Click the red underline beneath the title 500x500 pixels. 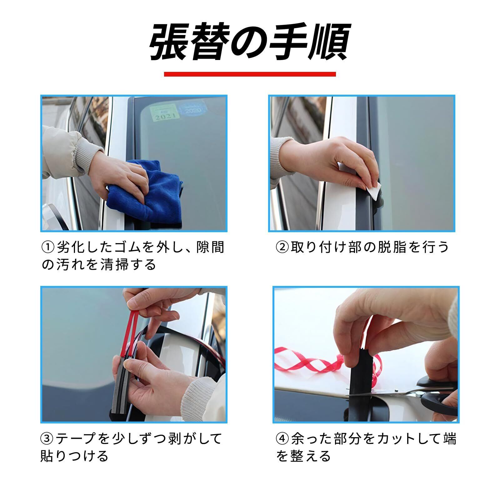click(250, 74)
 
